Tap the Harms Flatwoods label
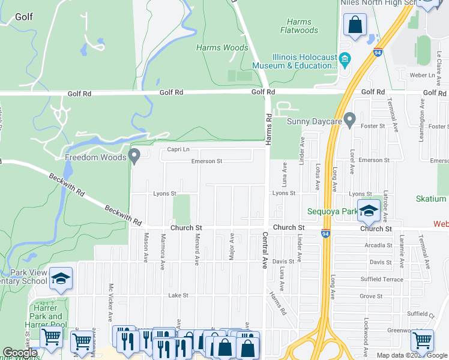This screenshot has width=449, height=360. [x=299, y=26]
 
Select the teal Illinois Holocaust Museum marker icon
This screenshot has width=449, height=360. [x=345, y=59]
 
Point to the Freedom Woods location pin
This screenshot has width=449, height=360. [x=135, y=157]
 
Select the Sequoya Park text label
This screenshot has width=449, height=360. [x=332, y=211]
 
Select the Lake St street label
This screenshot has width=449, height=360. [x=178, y=295]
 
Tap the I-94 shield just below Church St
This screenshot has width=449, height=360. [x=325, y=235]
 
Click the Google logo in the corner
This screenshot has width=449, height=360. [x=20, y=353]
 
